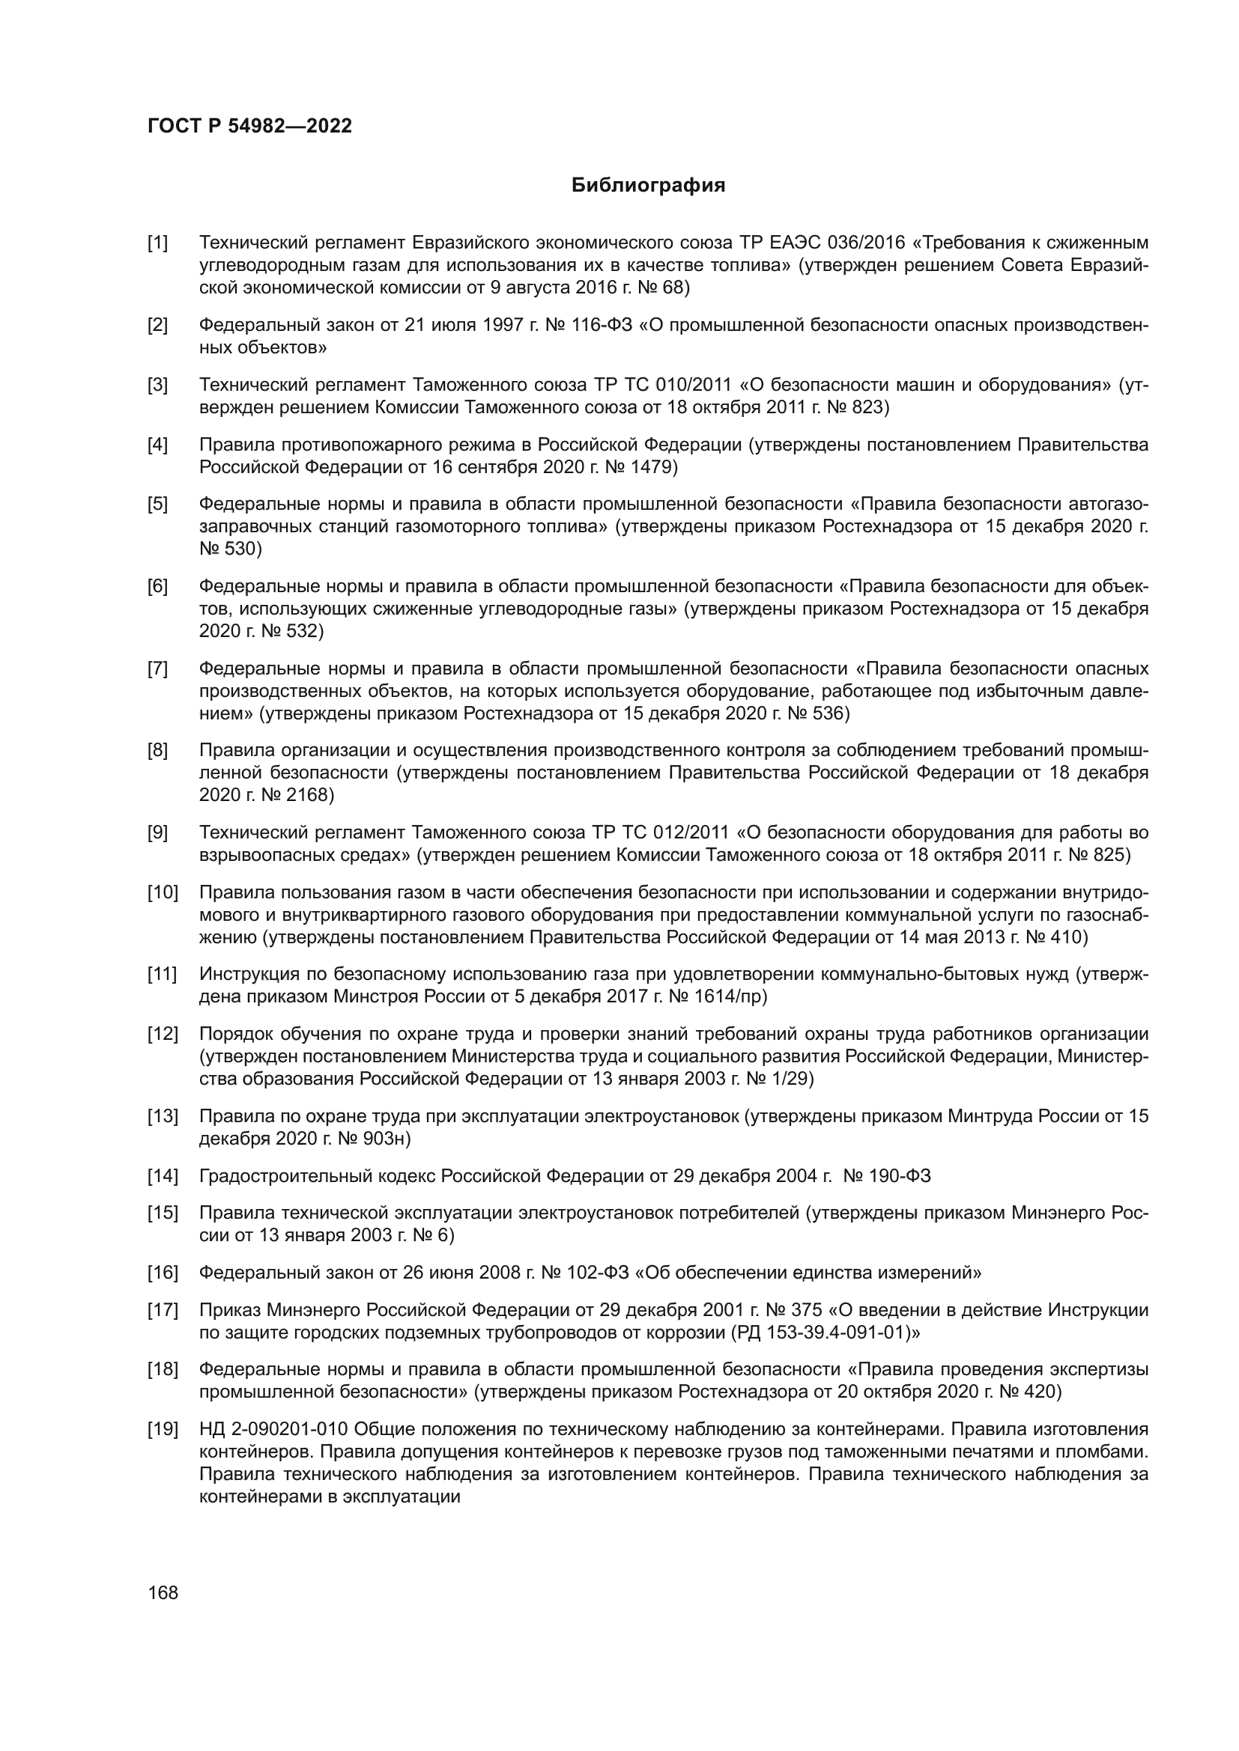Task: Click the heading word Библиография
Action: [648, 186]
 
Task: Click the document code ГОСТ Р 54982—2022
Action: [249, 127]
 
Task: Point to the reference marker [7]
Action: [158, 669]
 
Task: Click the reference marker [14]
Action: [163, 1176]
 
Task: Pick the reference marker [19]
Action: [163, 1429]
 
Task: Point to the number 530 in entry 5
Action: [243, 549]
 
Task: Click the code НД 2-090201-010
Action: [274, 1429]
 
